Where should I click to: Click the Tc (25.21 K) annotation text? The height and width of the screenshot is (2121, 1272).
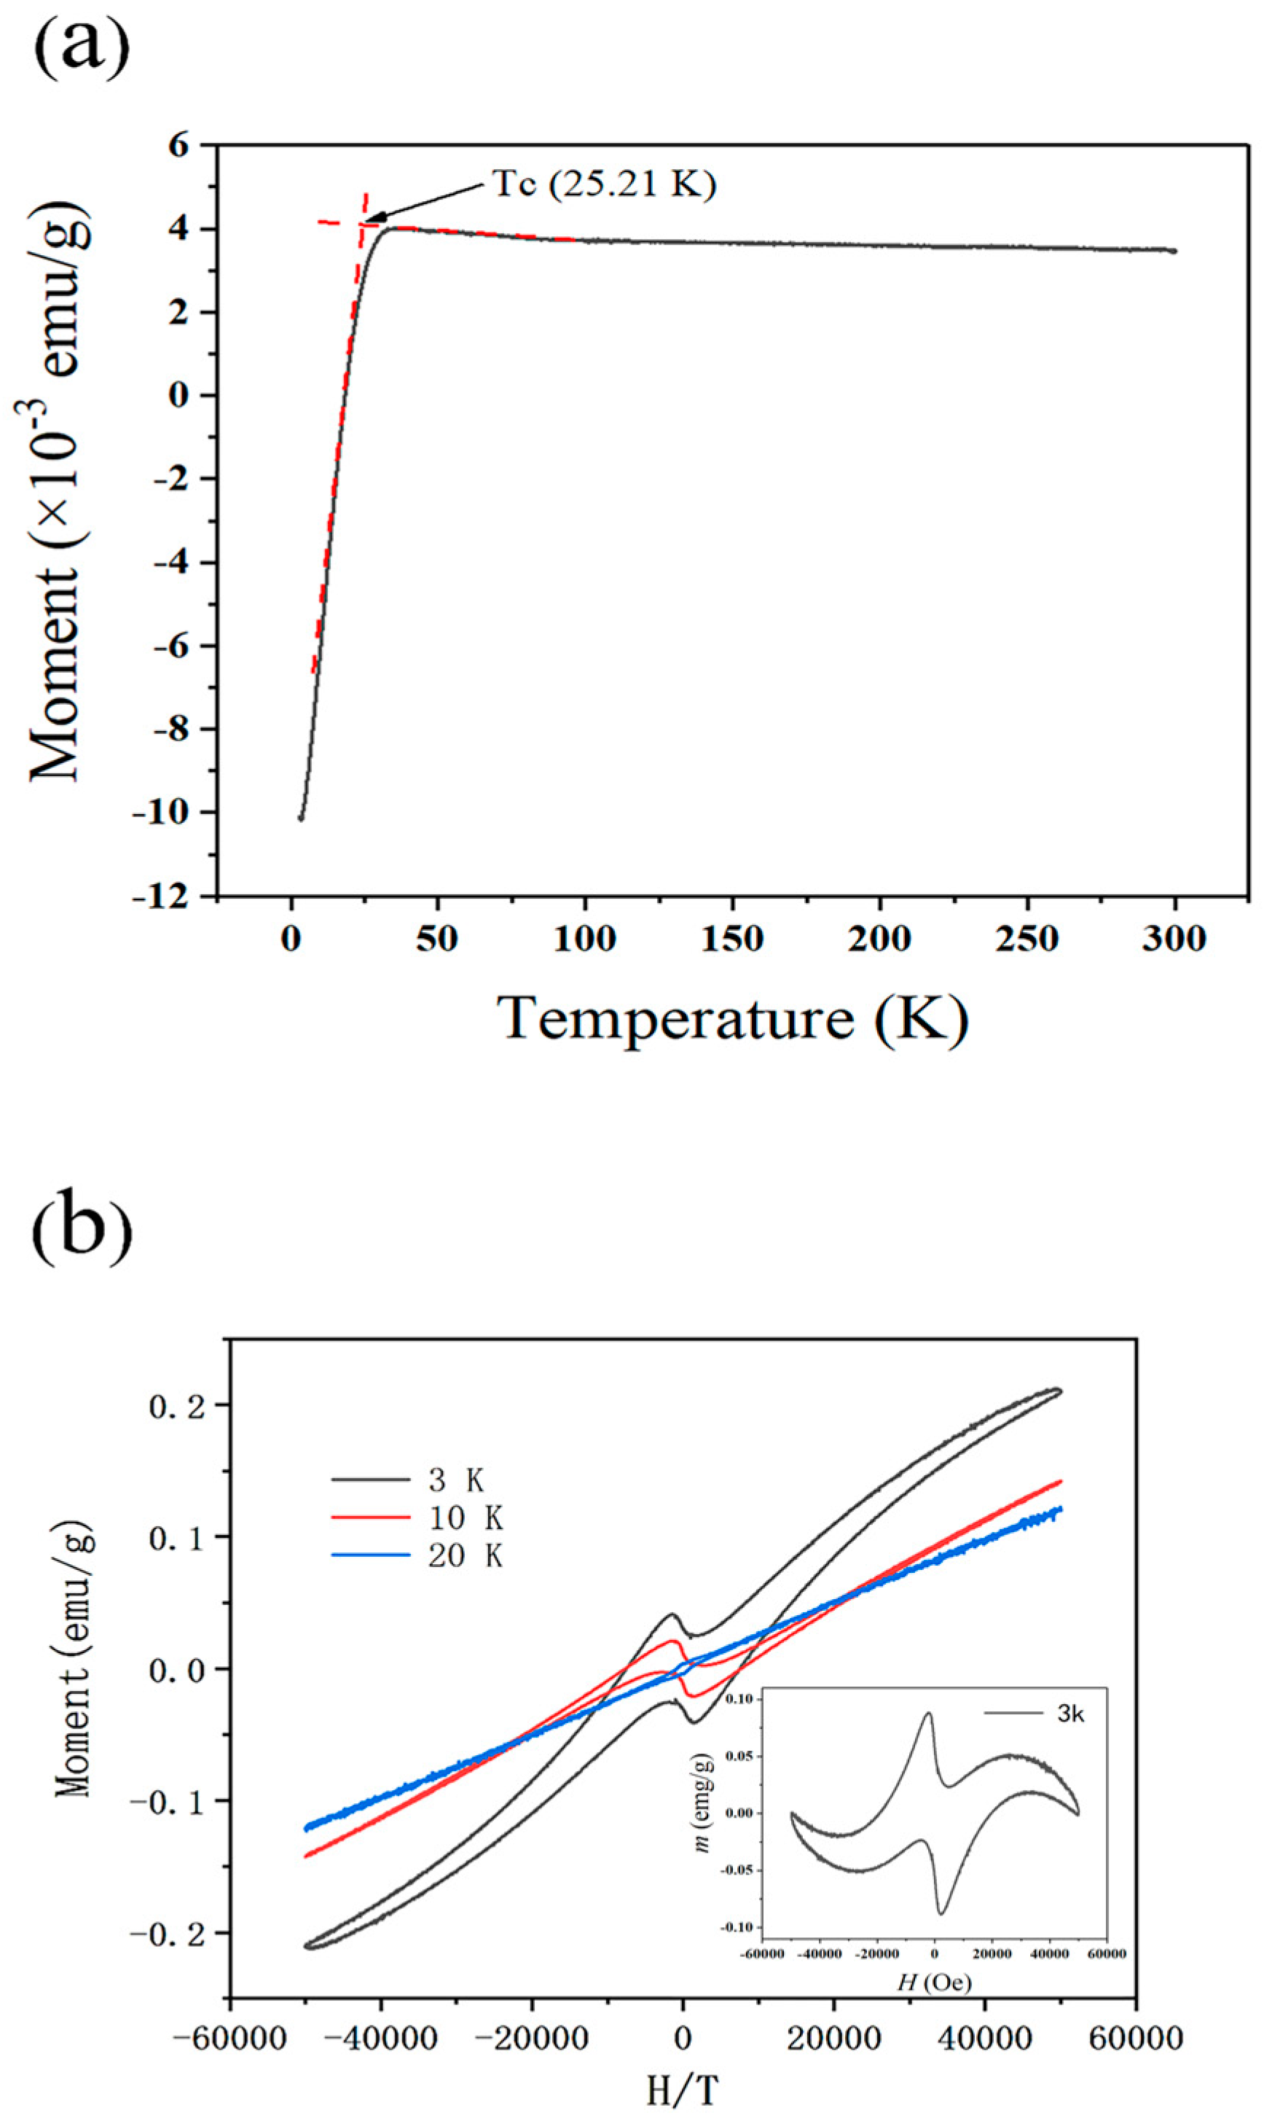pyautogui.click(x=603, y=184)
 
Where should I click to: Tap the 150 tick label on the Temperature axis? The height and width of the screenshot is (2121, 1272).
pyautogui.click(x=733, y=940)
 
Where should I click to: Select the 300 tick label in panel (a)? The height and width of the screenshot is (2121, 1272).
pyautogui.click(x=1174, y=940)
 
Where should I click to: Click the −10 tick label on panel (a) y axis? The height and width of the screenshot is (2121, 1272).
pyautogui.click(x=160, y=812)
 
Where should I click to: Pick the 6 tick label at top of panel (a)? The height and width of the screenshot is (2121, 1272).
pyautogui.click(x=178, y=146)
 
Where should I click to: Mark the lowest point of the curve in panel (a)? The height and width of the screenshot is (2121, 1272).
pyautogui.click(x=301, y=818)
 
